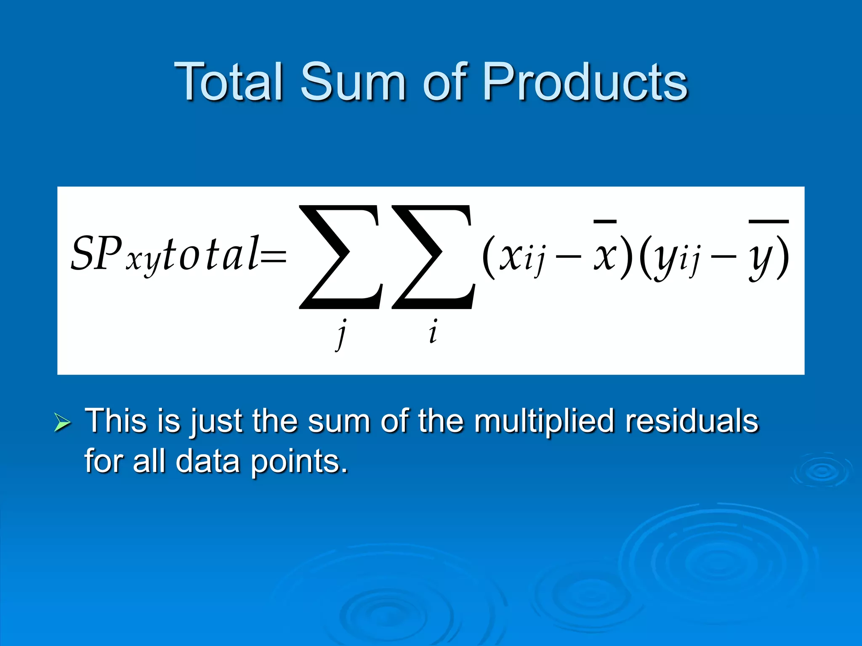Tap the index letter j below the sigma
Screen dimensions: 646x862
[x=342, y=334]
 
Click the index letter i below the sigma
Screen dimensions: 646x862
[x=433, y=332]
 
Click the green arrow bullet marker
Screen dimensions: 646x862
[x=62, y=422]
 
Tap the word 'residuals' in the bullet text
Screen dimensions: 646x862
[x=692, y=421]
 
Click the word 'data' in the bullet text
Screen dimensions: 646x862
[x=208, y=461]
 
